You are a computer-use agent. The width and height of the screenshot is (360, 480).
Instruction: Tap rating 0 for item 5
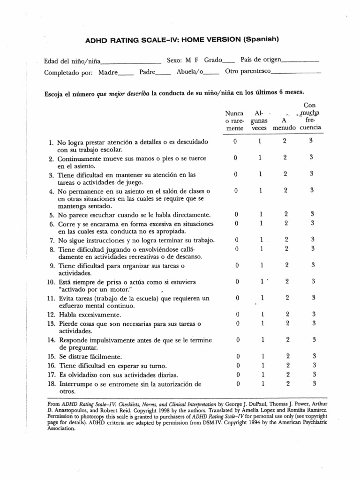[237, 215]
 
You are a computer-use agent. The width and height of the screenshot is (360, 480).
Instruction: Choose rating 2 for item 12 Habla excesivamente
[287, 314]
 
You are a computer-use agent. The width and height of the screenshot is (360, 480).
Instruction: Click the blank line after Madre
[126, 73]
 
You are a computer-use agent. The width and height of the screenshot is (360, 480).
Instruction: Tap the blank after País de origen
[301, 61]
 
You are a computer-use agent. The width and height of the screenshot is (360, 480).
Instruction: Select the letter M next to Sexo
[187, 60]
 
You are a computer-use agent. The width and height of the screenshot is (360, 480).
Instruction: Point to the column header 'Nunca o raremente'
[234, 120]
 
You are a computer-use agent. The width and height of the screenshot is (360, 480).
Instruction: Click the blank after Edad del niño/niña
[130, 61]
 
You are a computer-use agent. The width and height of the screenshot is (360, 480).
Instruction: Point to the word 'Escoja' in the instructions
[53, 92]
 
